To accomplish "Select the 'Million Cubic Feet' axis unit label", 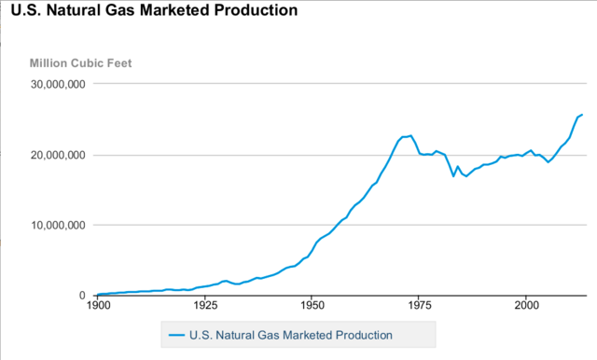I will (81, 63).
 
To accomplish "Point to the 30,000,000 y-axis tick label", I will (59, 84).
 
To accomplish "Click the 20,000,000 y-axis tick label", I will (59, 155).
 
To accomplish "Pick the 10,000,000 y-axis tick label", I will (59, 225).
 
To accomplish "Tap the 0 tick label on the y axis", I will (83, 295).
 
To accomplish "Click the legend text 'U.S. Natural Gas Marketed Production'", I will (290, 334).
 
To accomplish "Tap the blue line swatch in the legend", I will (174, 334).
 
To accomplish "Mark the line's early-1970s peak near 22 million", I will (410, 135).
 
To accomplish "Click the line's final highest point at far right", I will (582, 115).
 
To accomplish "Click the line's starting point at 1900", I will (98, 294).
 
